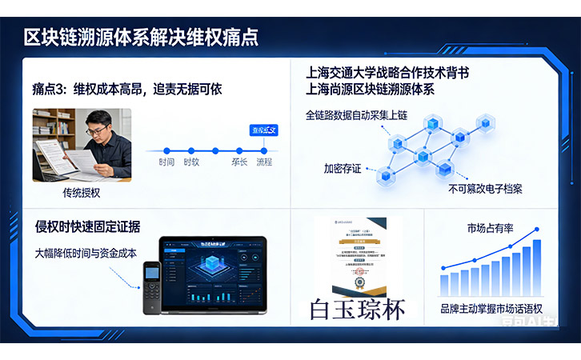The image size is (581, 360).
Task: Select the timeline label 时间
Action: point(166,162)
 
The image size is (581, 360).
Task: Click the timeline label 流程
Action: point(263,162)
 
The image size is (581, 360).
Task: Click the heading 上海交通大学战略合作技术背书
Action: point(387,72)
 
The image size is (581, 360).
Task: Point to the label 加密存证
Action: point(343,169)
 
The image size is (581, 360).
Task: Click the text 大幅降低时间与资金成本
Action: point(86,253)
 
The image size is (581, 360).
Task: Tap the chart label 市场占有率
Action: point(491,229)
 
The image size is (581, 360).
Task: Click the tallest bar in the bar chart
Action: point(537,267)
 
